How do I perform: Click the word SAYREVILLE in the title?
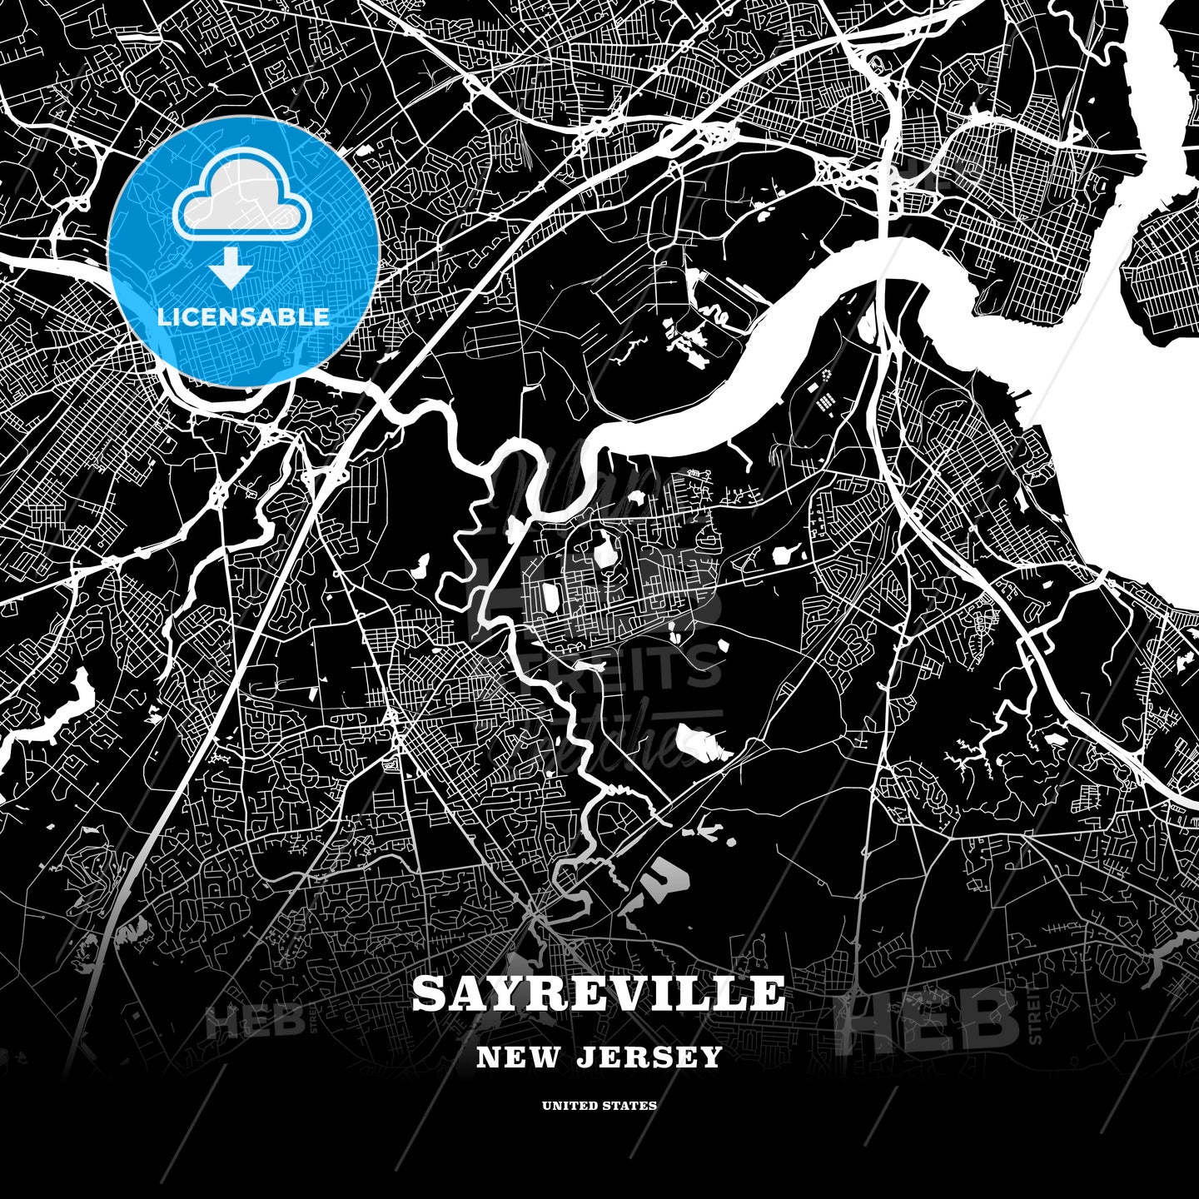[598, 993]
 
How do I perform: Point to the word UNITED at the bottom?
[570, 1106]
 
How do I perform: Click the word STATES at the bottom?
[633, 1106]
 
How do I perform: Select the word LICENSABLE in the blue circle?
[243, 317]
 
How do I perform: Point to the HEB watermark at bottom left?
[254, 1022]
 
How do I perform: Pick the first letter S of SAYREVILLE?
[430, 993]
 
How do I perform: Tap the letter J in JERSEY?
[584, 1057]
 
